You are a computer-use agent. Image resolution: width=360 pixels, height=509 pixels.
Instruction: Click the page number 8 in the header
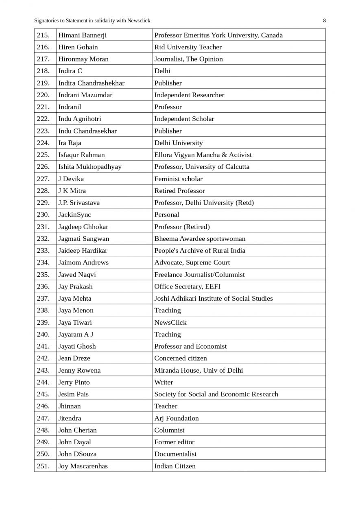[324, 21]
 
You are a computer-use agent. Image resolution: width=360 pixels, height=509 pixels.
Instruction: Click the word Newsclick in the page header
[139, 21]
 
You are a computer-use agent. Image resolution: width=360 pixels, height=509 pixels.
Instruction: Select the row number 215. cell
[43, 35]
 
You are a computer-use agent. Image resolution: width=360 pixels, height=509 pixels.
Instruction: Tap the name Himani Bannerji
[83, 35]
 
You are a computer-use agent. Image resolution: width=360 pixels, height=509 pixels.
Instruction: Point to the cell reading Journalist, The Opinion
[188, 59]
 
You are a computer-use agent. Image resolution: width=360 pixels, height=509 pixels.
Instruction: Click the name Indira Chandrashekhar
[92, 83]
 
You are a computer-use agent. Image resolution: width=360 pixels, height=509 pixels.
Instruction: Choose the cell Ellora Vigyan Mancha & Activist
[203, 155]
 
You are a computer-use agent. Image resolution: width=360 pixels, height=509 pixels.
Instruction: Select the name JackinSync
[75, 214]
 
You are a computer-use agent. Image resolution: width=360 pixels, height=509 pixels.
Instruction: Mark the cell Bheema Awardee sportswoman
[200, 238]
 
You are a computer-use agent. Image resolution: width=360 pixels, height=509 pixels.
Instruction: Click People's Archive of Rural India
[200, 250]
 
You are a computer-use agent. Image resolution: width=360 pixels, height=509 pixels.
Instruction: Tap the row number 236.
[43, 286]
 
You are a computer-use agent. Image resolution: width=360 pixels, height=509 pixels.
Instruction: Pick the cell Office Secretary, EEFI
[188, 286]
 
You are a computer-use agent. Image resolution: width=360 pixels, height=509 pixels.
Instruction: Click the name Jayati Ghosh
[77, 346]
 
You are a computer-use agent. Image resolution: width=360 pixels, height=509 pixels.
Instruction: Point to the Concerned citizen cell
[181, 358]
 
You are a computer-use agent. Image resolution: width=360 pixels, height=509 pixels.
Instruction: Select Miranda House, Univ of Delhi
[199, 370]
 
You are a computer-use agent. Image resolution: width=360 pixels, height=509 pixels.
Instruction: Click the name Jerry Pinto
[74, 382]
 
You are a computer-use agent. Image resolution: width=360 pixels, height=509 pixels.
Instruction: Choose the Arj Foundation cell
[177, 418]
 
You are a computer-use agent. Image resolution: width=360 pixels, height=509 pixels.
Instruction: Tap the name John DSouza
[77, 454]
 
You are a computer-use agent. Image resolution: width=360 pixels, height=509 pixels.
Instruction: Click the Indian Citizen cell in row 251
[175, 466]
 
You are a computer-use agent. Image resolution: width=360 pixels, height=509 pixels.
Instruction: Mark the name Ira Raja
[70, 143]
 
